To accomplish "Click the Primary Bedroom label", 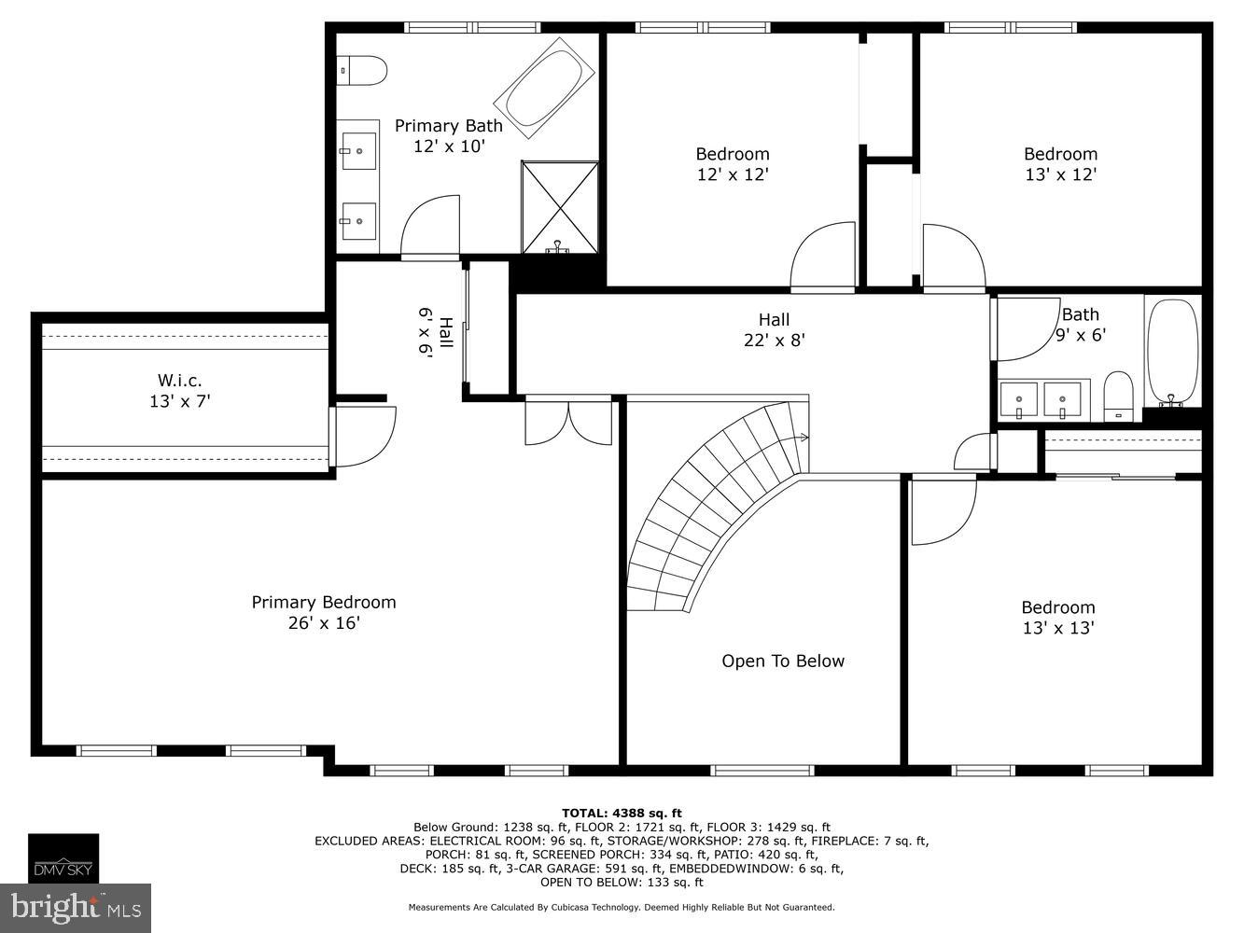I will [323, 603].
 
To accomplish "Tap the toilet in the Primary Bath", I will [364, 70].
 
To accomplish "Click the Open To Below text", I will [782, 661].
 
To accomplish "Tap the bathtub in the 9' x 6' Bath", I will [1172, 352].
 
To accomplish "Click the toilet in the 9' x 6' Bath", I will [1117, 396].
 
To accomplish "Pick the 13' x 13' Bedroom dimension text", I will [1057, 629].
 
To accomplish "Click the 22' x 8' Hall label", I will [774, 341].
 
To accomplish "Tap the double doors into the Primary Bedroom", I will [568, 420].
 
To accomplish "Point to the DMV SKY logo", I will [63, 858].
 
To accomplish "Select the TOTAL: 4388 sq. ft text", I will [622, 813].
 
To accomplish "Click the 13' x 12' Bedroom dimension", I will [1059, 174].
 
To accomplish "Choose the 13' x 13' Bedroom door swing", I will [941, 511].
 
